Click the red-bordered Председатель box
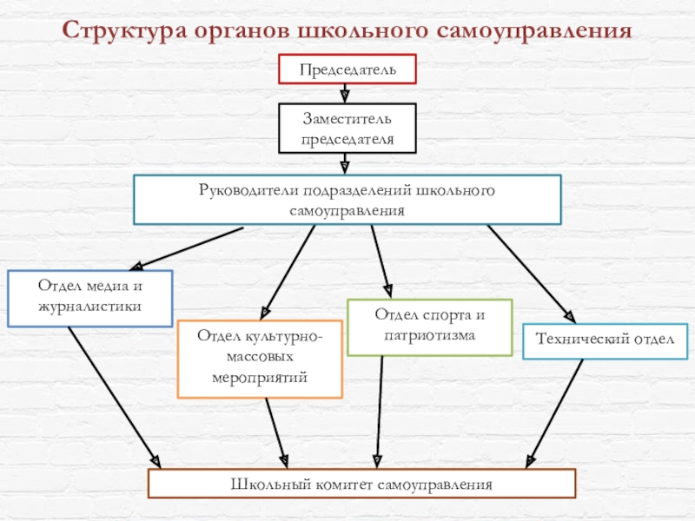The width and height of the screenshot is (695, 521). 347,69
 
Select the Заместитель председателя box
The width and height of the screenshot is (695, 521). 347,128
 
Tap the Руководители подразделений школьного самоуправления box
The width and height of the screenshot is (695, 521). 347,200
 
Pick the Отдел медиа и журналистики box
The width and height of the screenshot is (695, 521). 90,299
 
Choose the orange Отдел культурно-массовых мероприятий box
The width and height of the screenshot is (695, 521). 260,359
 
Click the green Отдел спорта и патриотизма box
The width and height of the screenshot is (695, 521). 429,327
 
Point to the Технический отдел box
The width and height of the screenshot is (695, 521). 605,341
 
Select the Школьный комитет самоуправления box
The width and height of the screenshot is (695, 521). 361,484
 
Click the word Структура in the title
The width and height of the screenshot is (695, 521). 124,31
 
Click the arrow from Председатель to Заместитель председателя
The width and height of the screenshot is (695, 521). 345,94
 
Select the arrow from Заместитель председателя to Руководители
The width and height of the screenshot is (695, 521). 345,164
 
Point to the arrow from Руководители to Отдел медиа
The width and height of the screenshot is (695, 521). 186,248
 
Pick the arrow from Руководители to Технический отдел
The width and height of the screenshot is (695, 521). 532,274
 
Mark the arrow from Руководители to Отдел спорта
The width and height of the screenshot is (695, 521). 381,261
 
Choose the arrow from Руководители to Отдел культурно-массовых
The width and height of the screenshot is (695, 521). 288,273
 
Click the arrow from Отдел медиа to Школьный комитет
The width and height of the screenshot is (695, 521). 115,398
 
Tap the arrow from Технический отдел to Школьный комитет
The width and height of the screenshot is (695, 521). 554,414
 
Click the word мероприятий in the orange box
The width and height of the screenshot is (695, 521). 260,379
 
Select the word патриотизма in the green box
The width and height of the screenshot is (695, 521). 429,336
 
